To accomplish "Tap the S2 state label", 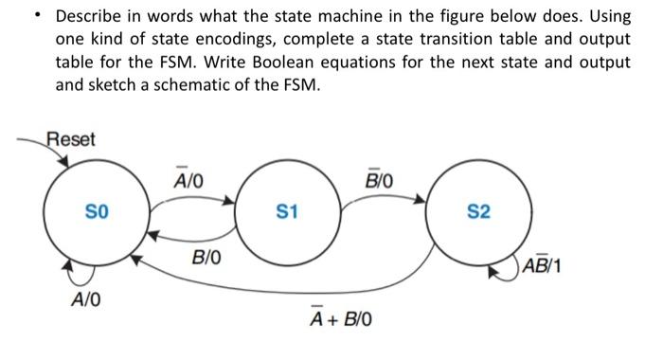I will pos(479,210).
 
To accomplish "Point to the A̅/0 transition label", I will pos(188,178).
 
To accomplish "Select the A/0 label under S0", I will pos(87,301).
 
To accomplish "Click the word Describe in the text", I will pos(92,16).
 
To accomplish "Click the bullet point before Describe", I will pos(37,16).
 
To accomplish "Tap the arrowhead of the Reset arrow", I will pos(63,162).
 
